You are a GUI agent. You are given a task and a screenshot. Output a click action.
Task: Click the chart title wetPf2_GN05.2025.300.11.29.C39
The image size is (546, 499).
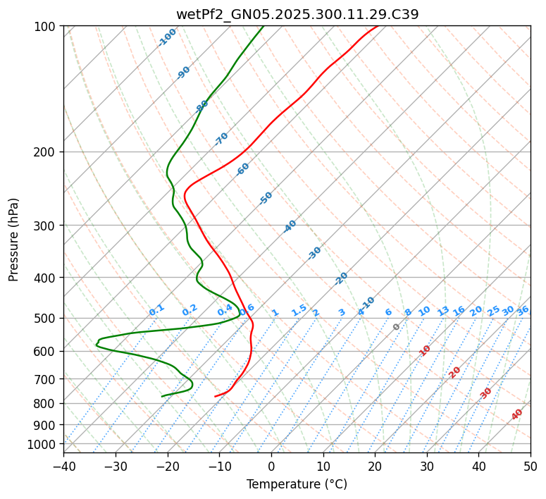point(297,13)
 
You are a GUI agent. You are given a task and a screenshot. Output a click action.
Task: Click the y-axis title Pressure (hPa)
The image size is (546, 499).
point(14,239)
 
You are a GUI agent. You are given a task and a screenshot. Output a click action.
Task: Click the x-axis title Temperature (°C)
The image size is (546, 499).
point(297,484)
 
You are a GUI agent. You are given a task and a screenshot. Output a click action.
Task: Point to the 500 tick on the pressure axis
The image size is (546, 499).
point(45,318)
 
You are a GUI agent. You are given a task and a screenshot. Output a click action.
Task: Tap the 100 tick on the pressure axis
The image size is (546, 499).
point(45,26)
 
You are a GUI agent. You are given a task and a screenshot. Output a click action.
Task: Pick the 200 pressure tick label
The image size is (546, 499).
point(45,152)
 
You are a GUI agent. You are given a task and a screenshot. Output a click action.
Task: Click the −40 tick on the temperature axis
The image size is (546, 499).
point(63,466)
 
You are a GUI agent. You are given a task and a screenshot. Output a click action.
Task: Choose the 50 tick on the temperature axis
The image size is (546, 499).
point(531,466)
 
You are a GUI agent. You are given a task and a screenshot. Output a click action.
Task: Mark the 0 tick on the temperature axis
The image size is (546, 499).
point(271,466)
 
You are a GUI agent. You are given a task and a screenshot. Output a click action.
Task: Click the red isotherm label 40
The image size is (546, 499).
point(517,414)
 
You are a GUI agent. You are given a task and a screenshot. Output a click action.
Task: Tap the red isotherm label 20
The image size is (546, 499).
point(455,372)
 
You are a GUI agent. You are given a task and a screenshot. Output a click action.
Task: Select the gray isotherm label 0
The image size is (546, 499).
point(397,327)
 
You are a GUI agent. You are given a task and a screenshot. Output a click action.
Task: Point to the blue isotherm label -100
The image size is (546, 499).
point(168,37)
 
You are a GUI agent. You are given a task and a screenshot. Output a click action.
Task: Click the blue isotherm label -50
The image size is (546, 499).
point(266,198)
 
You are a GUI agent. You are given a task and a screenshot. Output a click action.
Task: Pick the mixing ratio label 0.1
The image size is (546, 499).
point(156,309)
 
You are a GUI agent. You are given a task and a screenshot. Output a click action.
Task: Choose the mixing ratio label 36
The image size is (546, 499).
point(523,310)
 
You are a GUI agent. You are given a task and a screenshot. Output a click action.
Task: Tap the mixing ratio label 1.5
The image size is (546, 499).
point(299,309)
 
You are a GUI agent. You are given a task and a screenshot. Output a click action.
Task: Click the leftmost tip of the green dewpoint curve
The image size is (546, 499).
point(97,344)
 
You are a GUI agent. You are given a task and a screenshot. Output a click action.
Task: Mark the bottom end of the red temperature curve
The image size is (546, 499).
point(215,396)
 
